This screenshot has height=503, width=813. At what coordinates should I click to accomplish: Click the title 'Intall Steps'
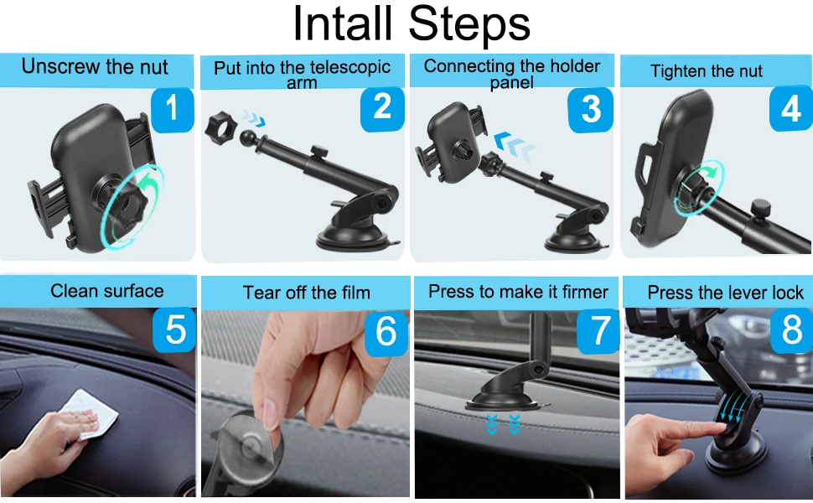coord(412,23)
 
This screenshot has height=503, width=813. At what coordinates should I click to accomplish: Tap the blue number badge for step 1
coord(172,110)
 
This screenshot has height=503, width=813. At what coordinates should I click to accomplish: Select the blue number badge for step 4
coord(790,108)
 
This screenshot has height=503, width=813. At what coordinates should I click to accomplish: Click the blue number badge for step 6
coord(386,332)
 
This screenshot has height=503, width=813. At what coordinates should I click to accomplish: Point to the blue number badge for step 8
coord(792,329)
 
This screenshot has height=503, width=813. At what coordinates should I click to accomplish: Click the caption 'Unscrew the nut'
coord(95,67)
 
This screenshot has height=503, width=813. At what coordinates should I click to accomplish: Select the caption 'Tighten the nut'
coord(707,71)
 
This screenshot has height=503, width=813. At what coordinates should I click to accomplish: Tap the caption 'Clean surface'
coord(107,291)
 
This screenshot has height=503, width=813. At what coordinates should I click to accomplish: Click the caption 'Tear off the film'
coord(307,293)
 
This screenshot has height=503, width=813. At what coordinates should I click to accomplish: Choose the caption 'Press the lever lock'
coord(725,293)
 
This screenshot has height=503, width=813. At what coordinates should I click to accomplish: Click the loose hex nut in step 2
coord(220,127)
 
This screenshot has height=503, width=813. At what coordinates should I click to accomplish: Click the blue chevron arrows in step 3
coord(514,146)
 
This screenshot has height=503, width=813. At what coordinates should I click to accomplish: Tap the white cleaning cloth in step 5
coord(89,413)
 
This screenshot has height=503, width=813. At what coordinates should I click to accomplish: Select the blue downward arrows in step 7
coord(503,423)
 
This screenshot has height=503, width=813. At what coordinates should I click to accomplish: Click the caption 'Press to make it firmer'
coord(518,292)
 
